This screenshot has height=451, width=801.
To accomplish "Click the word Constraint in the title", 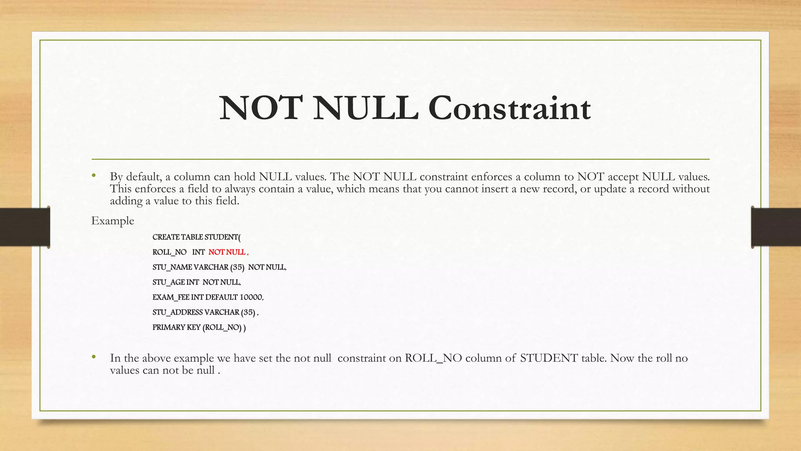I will (x=509, y=108).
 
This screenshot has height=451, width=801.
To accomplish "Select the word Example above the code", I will (x=113, y=221).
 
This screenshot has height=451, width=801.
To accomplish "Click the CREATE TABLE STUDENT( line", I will (x=196, y=237).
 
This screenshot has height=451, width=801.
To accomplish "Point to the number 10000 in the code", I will (x=251, y=298).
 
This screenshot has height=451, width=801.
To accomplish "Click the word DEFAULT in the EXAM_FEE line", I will (x=221, y=298).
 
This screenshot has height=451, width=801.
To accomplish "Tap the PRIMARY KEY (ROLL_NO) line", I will (x=199, y=328).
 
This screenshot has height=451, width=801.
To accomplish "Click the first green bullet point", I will (x=94, y=176).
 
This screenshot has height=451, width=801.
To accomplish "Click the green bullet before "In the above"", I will (x=94, y=357).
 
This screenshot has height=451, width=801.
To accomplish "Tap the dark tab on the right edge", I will (x=776, y=227).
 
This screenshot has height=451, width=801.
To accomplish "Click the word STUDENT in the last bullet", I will (x=549, y=358).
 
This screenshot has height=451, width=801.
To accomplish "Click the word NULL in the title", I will (x=365, y=108).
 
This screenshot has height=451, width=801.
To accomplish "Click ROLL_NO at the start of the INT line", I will (x=169, y=253).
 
